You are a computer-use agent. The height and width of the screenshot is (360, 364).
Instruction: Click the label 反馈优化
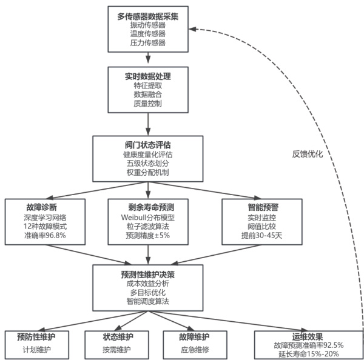point(307,154)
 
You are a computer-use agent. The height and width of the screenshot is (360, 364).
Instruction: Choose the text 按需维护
point(117,349)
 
